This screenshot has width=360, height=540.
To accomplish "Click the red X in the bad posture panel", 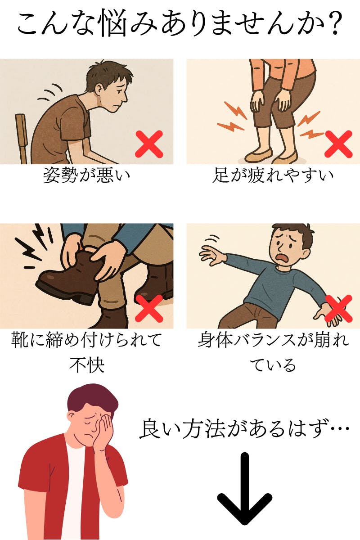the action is pyautogui.click(x=149, y=144).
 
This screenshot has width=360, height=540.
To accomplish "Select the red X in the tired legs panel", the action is pyautogui.click(x=338, y=144).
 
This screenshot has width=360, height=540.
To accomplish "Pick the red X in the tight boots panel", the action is pyautogui.click(x=149, y=309).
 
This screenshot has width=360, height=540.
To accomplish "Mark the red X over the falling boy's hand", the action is pyautogui.click(x=338, y=309).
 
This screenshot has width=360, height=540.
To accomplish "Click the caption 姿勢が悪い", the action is pyautogui.click(x=86, y=175).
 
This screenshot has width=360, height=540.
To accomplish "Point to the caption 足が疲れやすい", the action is pyautogui.click(x=273, y=175).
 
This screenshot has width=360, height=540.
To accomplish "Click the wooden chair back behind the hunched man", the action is pyautogui.click(x=21, y=139).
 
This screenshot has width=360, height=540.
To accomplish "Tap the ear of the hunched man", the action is pyautogui.click(x=99, y=91).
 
